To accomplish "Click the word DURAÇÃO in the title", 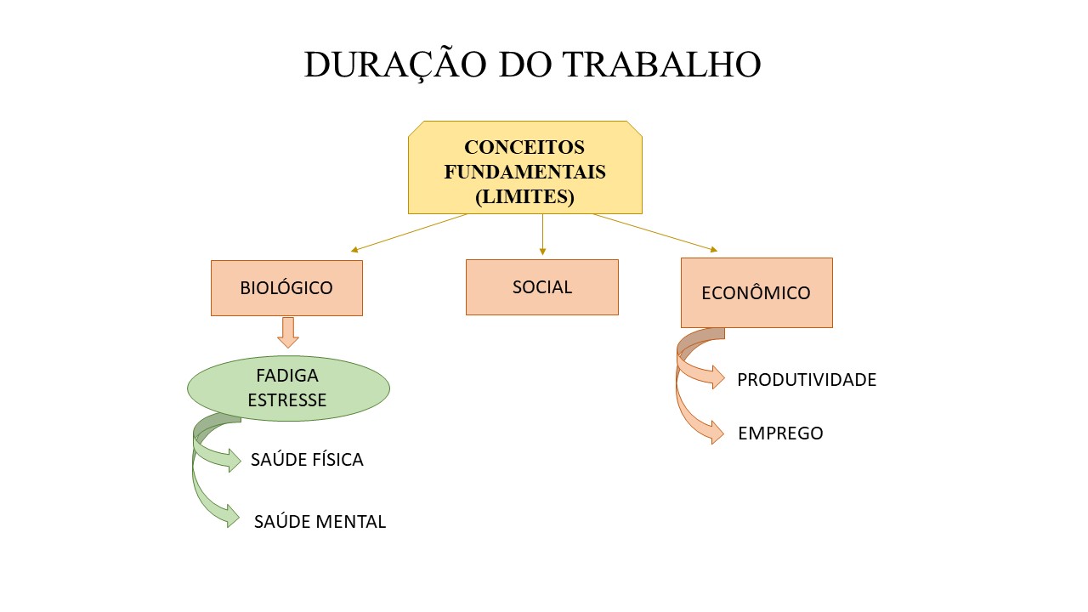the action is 395,65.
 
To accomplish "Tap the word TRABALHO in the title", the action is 661,65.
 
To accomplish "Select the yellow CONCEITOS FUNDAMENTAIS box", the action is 525,167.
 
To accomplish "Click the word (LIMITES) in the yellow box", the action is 525,196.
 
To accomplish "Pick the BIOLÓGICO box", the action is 286,288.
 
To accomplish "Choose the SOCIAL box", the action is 542,287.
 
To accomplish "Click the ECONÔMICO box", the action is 756,293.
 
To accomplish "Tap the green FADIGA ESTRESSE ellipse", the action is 288,388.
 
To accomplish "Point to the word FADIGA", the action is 287,376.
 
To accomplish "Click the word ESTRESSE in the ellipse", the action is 287,400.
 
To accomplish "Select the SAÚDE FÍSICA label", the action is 307,460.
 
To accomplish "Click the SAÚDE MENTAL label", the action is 320,522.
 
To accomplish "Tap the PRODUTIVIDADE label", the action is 807,380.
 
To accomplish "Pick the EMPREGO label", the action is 780,433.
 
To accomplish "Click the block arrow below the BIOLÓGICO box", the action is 288,332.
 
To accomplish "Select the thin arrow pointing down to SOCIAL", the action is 542,235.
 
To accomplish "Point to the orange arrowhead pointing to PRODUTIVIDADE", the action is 718,377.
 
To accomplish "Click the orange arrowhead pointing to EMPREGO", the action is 717,433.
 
